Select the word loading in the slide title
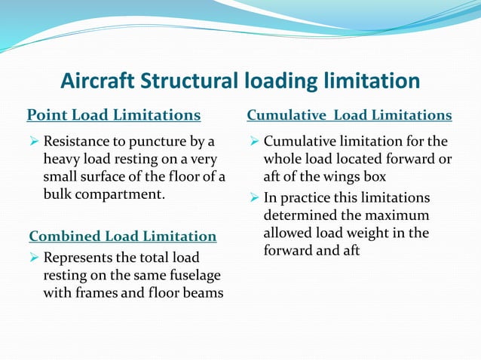click(283, 81)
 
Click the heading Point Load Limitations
click(114, 115)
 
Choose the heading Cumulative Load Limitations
click(350, 115)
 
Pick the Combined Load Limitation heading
click(122, 236)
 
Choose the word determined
click(299, 215)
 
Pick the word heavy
click(62, 159)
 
